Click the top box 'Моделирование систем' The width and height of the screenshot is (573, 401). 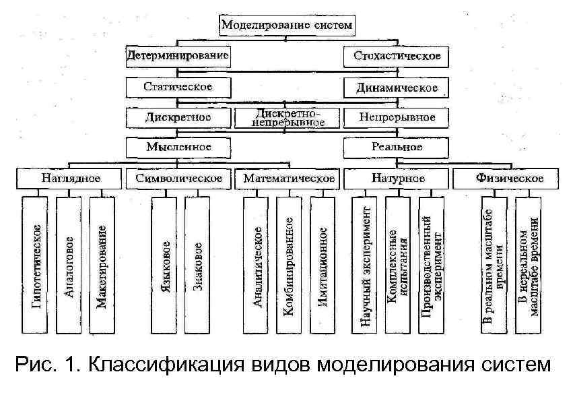point(287,25)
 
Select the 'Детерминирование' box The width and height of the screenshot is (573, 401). point(178,56)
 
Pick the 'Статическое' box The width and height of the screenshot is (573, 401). point(178,87)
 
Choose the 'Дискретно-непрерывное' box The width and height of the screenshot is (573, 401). point(288,117)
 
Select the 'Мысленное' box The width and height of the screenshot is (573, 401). point(178,146)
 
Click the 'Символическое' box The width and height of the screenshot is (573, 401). point(178,179)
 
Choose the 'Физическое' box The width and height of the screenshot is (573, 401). point(509,179)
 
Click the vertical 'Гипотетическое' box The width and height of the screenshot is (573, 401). point(36,266)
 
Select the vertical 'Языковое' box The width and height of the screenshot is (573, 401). point(165,266)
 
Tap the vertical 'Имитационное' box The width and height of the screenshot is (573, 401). point(323,266)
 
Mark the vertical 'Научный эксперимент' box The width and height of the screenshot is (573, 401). point(366,266)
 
